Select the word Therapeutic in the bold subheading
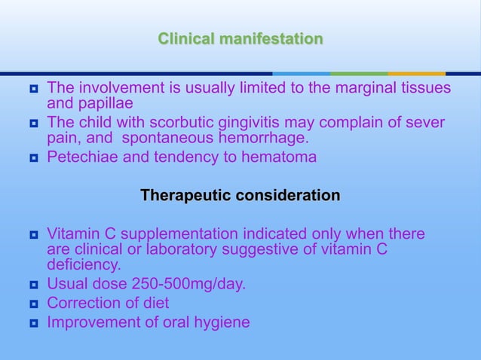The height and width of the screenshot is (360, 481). pos(185,196)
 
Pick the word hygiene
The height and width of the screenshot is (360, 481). pos(222,322)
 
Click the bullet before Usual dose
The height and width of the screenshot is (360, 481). pos(34,285)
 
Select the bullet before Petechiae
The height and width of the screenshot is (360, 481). pos(34,158)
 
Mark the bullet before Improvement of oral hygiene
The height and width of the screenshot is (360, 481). pos(34,323)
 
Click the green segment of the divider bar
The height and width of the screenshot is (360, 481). pos(359,74)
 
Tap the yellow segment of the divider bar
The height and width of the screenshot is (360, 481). pos(416,74)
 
